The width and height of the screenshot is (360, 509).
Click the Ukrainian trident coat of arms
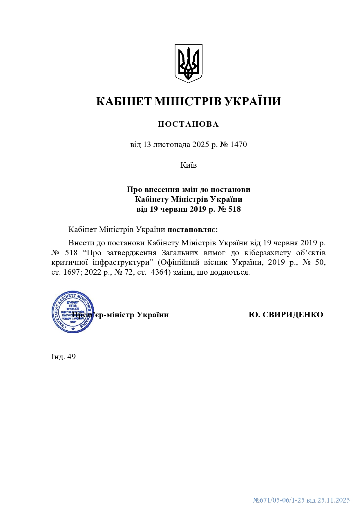pyautogui.click(x=188, y=64)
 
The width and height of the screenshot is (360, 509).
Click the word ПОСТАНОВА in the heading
pyautogui.click(x=188, y=124)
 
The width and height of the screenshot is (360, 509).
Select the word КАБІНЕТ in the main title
pyautogui.click(x=124, y=102)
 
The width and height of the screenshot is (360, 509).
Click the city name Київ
pyautogui.click(x=189, y=165)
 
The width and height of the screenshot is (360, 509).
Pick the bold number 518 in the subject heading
pyautogui.click(x=235, y=209)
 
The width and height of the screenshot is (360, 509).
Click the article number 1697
pyautogui.click(x=71, y=272)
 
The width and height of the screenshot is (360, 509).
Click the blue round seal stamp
pyautogui.click(x=73, y=312)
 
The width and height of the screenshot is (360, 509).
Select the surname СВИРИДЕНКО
pyautogui.click(x=293, y=315)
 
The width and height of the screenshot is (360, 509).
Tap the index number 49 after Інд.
pyautogui.click(x=71, y=356)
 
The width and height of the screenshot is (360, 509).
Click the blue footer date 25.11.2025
pyautogui.click(x=333, y=500)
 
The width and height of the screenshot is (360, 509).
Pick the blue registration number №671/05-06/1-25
pyautogui.click(x=278, y=500)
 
